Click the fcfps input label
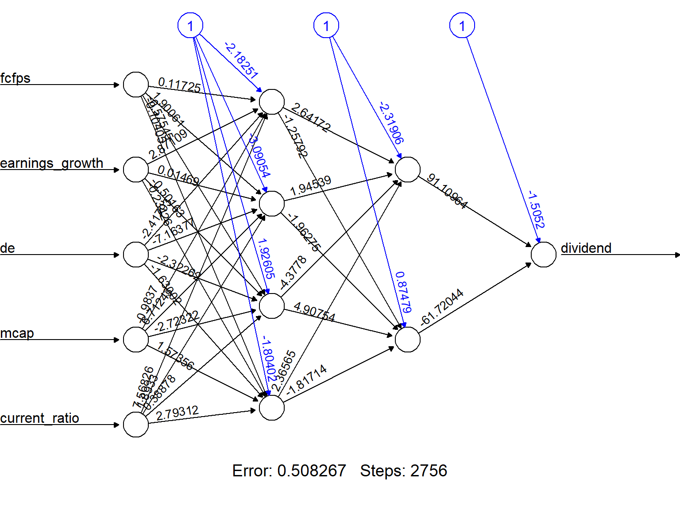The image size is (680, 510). [15, 78]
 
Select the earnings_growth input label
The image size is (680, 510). [51, 163]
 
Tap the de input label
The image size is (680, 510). [8, 248]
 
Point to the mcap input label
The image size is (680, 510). [17, 333]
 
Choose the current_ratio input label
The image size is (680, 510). [39, 418]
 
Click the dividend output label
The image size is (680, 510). [586, 248]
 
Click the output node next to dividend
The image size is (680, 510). [543, 255]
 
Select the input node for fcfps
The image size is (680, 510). [136, 85]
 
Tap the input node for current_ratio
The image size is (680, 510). [136, 425]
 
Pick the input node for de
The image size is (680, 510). [136, 255]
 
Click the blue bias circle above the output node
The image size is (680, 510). [462, 26]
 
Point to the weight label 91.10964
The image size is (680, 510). [447, 192]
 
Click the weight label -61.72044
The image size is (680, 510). [441, 307]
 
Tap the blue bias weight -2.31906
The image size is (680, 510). [391, 123]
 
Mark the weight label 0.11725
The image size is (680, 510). [179, 85]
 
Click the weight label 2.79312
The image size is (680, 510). [177, 413]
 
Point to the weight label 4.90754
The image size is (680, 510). [314, 312]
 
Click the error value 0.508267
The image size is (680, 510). [311, 471]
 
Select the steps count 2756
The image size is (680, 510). [429, 471]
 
